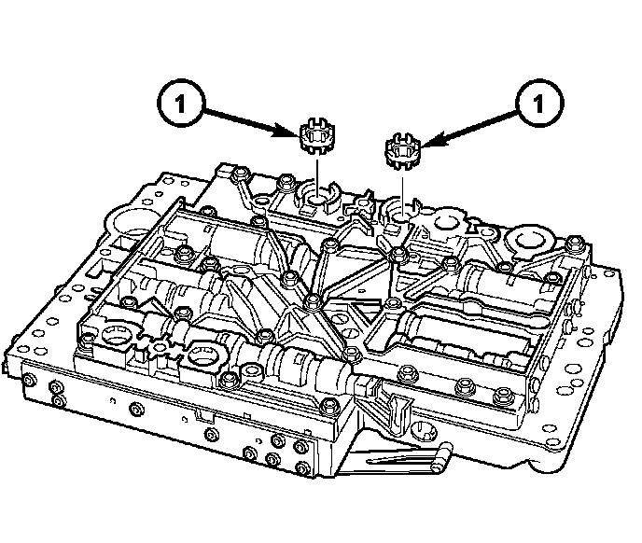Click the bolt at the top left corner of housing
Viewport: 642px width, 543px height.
coord(241,174)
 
